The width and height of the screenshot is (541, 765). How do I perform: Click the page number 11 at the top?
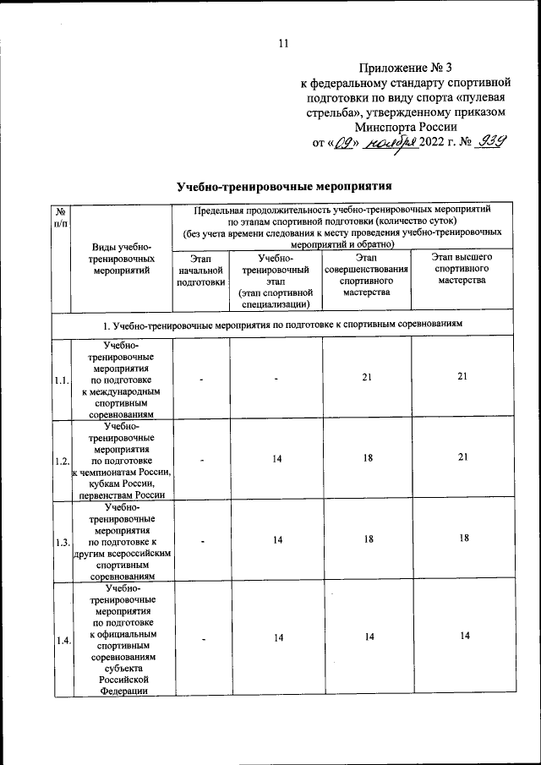(x=283, y=44)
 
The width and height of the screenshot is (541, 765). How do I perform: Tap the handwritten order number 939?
(x=489, y=142)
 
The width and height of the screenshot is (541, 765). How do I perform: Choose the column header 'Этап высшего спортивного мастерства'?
(x=462, y=268)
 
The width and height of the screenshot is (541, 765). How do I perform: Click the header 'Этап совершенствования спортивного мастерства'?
(x=366, y=274)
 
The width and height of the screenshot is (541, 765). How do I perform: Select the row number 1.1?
(x=60, y=380)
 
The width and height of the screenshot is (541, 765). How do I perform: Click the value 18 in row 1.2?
(x=366, y=458)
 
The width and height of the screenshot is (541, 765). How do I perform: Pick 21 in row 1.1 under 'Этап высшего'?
(x=462, y=377)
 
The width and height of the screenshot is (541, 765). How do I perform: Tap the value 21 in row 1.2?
(x=462, y=457)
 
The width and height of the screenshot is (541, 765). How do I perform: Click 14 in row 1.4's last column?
(x=462, y=637)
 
